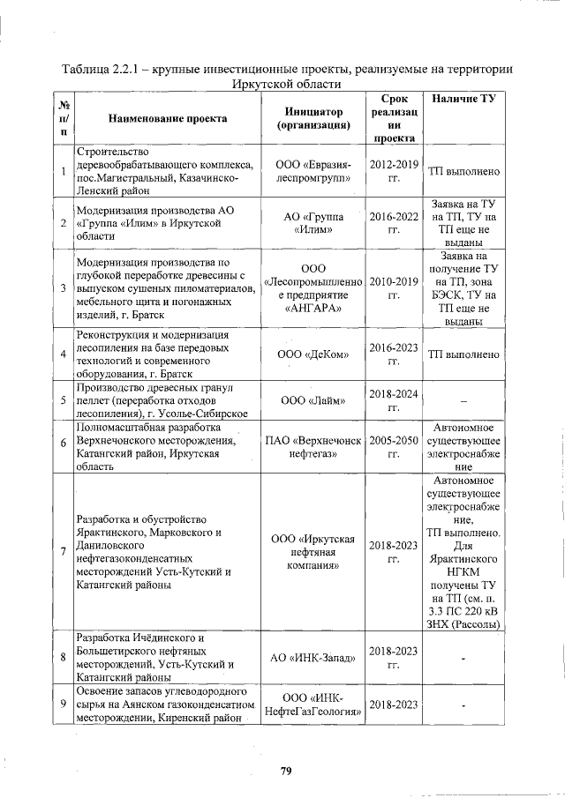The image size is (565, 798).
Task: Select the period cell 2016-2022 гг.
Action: pyautogui.click(x=395, y=223)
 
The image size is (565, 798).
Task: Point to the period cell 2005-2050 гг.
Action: pyautogui.click(x=395, y=446)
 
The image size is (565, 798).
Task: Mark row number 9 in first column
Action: pyautogui.click(x=63, y=705)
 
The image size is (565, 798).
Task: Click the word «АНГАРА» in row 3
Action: pyautogui.click(x=313, y=310)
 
